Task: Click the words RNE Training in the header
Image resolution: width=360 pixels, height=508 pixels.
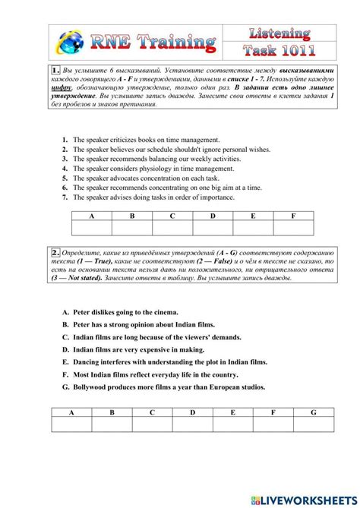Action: (155, 40)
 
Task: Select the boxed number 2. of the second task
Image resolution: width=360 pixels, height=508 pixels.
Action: (57, 252)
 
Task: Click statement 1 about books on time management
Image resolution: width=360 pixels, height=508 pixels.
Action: (147, 140)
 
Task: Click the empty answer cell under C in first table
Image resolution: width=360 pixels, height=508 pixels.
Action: (172, 229)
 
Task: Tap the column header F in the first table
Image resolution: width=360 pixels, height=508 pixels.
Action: (293, 216)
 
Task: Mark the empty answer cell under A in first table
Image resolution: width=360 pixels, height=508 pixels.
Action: (92, 229)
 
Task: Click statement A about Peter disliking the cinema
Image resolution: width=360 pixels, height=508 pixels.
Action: (121, 312)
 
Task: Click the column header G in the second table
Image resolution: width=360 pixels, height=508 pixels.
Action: (313, 412)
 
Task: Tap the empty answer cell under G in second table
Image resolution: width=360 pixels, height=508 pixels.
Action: (313, 424)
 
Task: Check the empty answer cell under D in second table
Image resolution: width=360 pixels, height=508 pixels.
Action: (192, 424)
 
